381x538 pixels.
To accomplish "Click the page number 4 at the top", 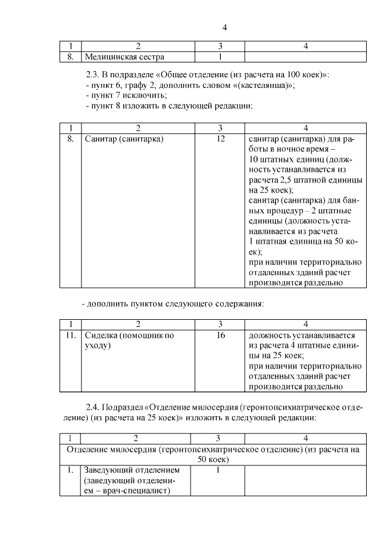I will pyautogui.click(x=224, y=27).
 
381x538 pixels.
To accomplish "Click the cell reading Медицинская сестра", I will pyautogui.click(x=124, y=57).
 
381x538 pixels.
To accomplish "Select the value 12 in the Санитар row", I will pyautogui.click(x=220, y=139).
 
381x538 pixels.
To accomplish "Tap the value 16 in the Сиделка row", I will pyautogui.click(x=220, y=335).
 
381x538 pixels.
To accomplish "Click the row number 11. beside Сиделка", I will pyautogui.click(x=71, y=335).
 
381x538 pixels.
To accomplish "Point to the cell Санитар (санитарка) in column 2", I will pyautogui.click(x=124, y=139).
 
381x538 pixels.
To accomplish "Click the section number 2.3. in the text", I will pyautogui.click(x=95, y=75).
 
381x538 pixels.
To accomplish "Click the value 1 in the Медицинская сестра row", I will pyautogui.click(x=220, y=57).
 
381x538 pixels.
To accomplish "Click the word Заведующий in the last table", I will pyautogui.click(x=108, y=470).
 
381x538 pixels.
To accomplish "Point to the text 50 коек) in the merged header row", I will pyautogui.click(x=213, y=460).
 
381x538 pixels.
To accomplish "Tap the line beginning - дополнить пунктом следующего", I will pyautogui.click(x=172, y=304).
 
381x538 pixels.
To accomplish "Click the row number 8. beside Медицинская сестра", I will pyautogui.click(x=71, y=57).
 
